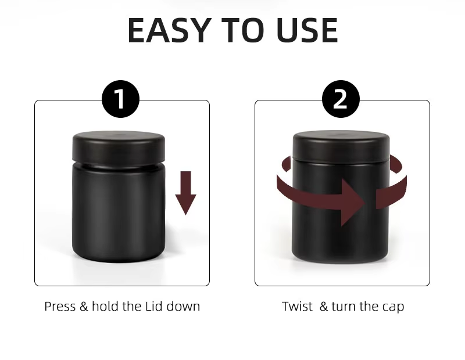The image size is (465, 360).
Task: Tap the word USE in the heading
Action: (x=307, y=30)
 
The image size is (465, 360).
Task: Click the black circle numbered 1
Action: (x=120, y=99)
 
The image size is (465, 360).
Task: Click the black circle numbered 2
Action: (x=341, y=99)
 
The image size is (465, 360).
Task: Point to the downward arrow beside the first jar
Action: (x=185, y=193)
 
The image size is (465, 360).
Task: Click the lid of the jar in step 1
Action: (x=119, y=148)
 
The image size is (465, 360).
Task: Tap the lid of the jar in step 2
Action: (x=341, y=146)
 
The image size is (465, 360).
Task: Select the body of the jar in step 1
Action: (x=119, y=213)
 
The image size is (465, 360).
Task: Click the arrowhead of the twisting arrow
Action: (x=353, y=203)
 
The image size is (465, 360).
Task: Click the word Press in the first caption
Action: (x=60, y=307)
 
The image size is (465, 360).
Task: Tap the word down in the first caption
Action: (x=183, y=306)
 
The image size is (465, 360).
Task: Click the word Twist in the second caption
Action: (x=297, y=307)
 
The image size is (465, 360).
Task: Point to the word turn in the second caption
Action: (x=344, y=307)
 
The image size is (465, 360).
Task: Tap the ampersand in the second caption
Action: (x=324, y=307)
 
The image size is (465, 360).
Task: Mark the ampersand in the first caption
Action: (x=84, y=307)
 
